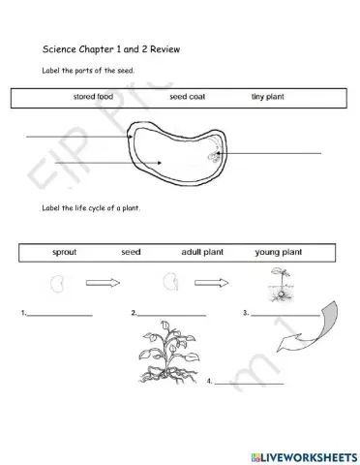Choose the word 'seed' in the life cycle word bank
[131, 252]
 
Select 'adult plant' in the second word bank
[202, 252]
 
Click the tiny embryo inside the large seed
[211, 154]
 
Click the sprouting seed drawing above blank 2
[170, 285]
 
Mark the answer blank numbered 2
[172, 315]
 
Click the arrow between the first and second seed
[113, 284]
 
